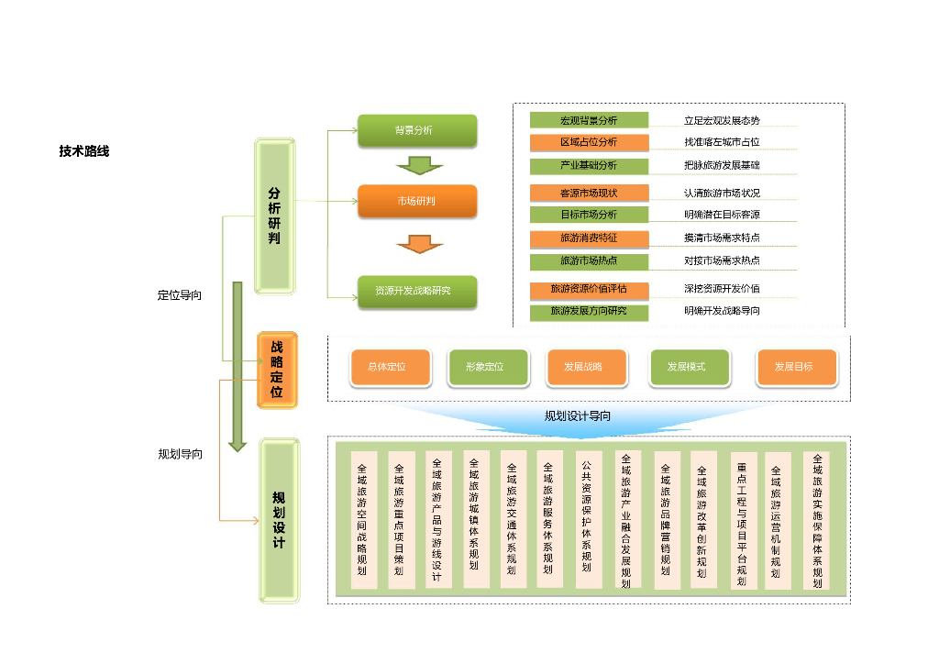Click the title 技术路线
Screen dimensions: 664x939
pos(84,151)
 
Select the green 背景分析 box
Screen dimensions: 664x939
pos(417,131)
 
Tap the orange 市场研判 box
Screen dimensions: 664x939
pos(417,201)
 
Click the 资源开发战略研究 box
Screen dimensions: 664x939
pos(417,292)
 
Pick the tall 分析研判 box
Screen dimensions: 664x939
pos(274,216)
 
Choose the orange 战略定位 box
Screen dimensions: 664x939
pos(277,371)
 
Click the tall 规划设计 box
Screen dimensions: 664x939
pos(279,520)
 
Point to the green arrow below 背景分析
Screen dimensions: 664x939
pos(419,165)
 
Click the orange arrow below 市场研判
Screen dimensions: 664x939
pos(419,244)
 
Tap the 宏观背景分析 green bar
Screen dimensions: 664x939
pos(589,120)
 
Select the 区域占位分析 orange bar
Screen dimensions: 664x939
pos(589,142)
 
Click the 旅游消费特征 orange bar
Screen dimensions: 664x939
pos(589,238)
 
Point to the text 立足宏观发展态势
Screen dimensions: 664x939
pos(722,120)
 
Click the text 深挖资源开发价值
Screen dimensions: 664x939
pos(722,289)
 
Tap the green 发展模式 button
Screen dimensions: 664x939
pos(689,367)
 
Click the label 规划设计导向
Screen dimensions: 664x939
pos(578,415)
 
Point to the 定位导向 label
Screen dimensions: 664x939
pos(180,295)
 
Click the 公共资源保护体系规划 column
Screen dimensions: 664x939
pos(587,518)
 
